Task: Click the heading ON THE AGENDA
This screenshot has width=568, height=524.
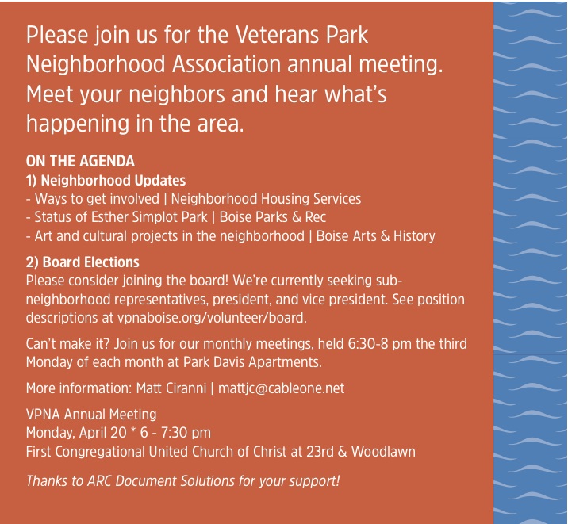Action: pos(80,161)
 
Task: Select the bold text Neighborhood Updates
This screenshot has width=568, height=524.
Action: pos(113,180)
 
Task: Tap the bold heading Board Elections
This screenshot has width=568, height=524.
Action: pos(91,262)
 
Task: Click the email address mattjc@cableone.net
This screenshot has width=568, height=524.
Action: pos(281,388)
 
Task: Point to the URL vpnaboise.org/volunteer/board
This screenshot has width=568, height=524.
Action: pos(212,318)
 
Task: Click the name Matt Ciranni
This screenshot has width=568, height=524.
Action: pos(171,388)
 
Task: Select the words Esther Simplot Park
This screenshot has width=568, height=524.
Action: pos(149,217)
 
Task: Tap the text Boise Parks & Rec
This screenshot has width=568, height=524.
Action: pos(273,217)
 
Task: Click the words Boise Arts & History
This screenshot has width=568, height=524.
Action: pos(376,236)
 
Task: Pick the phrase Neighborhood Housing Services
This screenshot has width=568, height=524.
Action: pos(266,199)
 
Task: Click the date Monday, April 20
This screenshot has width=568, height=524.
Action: pos(76,433)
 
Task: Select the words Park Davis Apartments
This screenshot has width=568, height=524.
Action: pos(252,361)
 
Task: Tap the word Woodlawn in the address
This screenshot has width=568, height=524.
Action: pos(383,452)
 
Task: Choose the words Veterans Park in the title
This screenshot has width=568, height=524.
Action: pos(302,35)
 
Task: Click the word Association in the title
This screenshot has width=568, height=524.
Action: pos(226,64)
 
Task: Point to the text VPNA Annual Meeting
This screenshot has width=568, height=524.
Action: pos(91,414)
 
